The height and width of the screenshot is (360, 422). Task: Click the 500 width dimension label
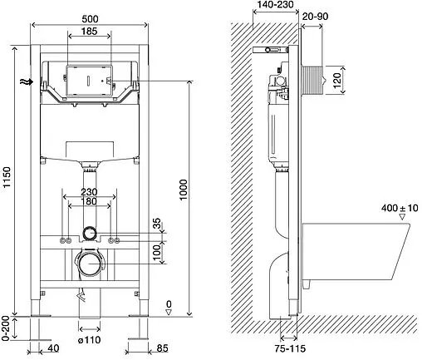(90, 19)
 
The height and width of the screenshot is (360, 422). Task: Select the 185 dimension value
(89, 31)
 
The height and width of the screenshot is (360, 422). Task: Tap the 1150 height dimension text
(7, 177)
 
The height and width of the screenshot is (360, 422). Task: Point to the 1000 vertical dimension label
(183, 190)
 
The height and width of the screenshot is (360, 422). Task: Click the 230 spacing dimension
(89, 192)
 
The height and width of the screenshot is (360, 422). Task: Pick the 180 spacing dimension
(89, 201)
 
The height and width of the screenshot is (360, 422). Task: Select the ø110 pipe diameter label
(89, 340)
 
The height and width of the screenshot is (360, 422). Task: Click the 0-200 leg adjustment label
(6, 328)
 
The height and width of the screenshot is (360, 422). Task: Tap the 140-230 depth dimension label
(275, 4)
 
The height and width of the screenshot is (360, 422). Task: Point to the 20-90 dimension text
(315, 17)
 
